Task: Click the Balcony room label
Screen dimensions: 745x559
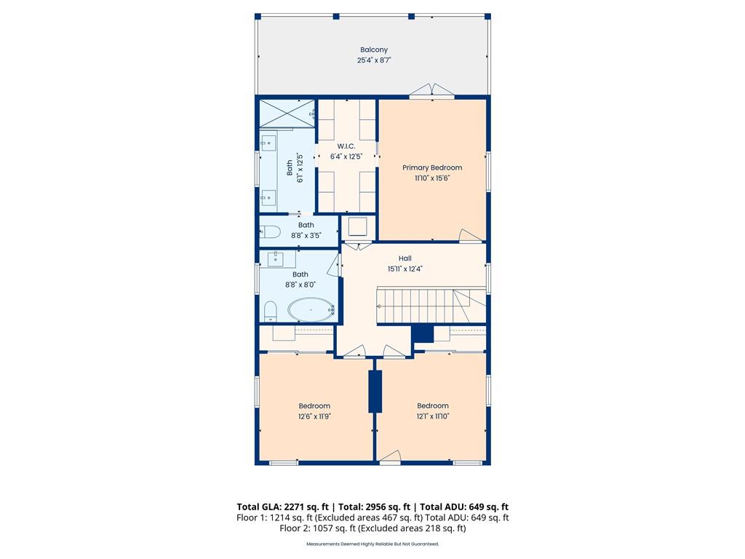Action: click(x=374, y=49)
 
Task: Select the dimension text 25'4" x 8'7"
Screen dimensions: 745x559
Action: click(x=374, y=60)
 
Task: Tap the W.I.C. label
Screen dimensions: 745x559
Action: click(x=346, y=146)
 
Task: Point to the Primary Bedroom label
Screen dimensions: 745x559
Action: click(x=432, y=167)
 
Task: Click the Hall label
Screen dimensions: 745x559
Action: click(x=405, y=258)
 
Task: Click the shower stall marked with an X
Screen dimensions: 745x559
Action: click(x=287, y=113)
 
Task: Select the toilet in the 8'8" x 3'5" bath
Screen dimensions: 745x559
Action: click(x=270, y=232)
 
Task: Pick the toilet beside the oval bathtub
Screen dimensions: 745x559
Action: click(x=271, y=311)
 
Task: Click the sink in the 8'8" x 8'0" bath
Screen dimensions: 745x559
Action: click(x=276, y=259)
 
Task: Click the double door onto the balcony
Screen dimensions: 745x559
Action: click(x=432, y=90)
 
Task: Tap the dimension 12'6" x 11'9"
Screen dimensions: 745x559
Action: click(x=314, y=416)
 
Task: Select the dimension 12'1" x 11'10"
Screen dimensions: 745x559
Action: click(x=433, y=416)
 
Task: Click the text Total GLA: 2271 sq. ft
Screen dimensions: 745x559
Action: click(x=283, y=507)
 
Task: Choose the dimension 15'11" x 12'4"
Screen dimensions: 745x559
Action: click(x=405, y=269)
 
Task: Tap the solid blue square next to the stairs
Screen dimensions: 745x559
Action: click(x=423, y=333)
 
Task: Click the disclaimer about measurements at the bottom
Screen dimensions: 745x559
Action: click(x=372, y=544)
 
